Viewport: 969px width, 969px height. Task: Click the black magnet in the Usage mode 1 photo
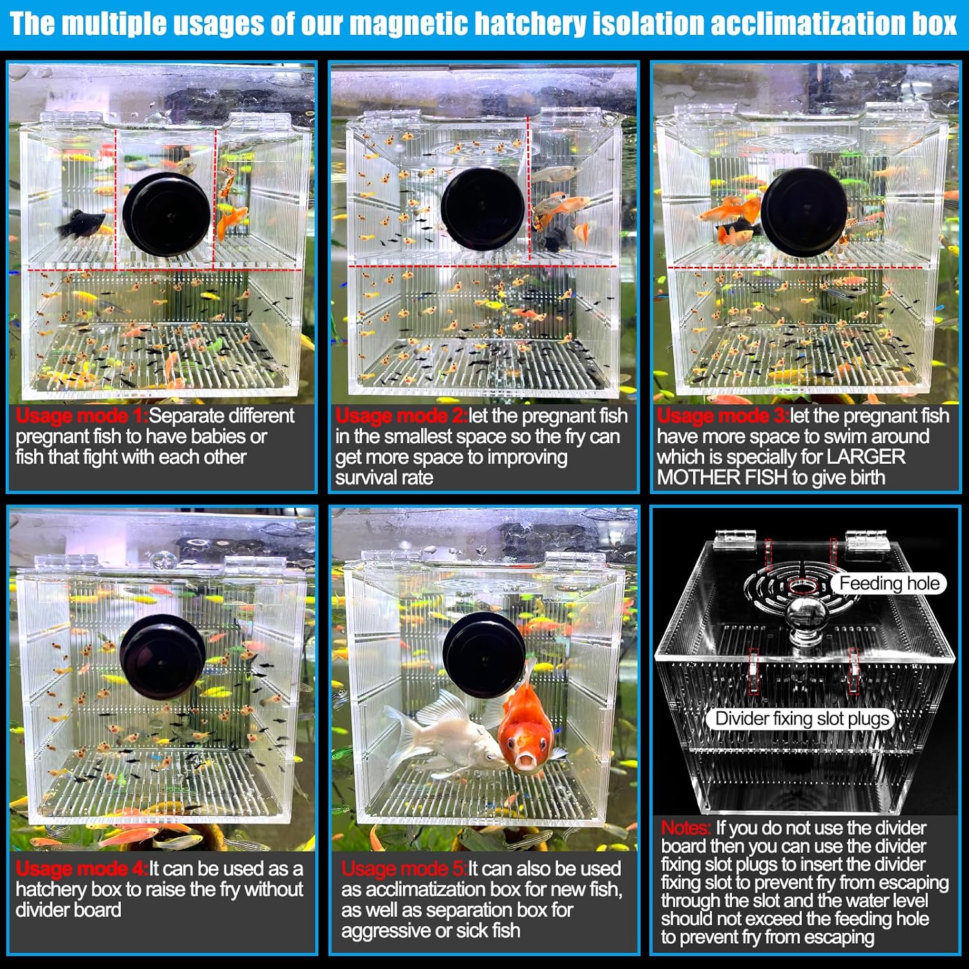(x=167, y=213)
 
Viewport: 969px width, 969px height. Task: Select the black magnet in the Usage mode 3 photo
(x=804, y=211)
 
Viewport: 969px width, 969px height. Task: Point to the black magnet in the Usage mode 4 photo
(x=163, y=656)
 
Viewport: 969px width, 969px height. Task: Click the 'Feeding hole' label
(x=890, y=583)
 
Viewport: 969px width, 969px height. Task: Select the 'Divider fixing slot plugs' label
(x=802, y=718)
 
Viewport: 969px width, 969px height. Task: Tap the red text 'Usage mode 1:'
(x=82, y=415)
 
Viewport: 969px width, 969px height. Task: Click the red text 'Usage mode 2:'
(x=402, y=415)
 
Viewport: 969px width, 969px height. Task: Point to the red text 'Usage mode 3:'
(x=724, y=415)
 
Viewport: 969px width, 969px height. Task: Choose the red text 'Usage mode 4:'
(x=82, y=868)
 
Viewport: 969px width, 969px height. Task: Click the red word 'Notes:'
(x=686, y=828)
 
